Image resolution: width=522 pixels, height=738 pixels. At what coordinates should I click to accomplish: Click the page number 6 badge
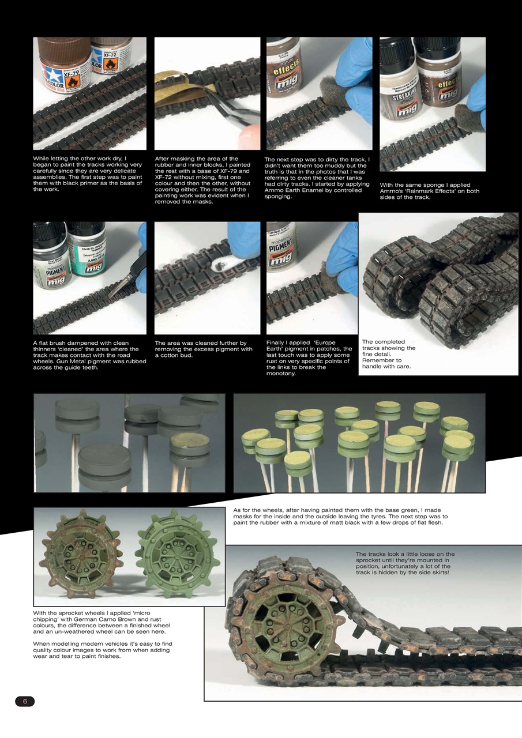(25, 701)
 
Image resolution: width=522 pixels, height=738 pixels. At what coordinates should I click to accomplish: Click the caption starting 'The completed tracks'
(388, 354)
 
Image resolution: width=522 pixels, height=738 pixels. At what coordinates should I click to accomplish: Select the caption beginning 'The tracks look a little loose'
(405, 563)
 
